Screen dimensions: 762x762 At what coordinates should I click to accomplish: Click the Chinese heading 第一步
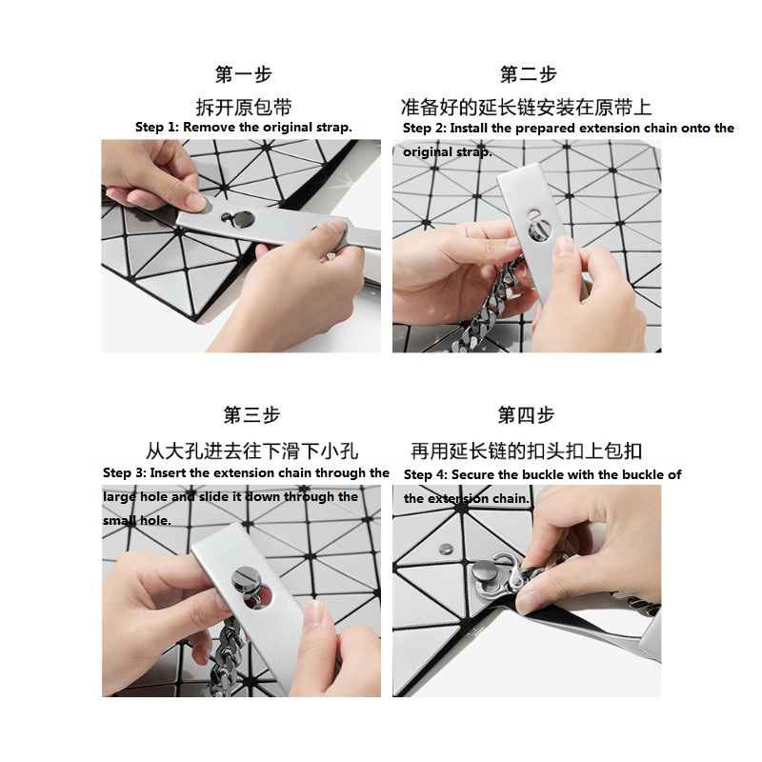point(244,74)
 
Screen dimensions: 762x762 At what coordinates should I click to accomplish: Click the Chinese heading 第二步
point(529,74)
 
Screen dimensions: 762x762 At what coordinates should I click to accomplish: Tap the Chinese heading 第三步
point(251,415)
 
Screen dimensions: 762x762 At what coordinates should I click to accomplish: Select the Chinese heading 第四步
point(527,415)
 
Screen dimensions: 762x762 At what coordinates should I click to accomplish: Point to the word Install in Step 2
point(469,129)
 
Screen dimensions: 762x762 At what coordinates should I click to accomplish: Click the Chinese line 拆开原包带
point(244,108)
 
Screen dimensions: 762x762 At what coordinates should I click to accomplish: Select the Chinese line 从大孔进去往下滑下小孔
point(251,451)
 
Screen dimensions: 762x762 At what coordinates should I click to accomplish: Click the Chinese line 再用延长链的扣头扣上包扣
point(527,451)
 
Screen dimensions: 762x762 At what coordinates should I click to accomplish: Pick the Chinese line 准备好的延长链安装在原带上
point(527,108)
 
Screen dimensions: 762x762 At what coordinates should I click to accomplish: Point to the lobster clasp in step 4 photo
point(502,576)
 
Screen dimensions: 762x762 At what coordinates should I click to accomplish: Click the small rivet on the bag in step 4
point(445,550)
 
